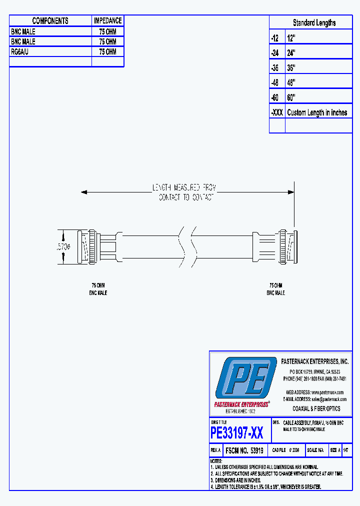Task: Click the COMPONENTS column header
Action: coord(50,21)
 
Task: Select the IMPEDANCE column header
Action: coord(107,21)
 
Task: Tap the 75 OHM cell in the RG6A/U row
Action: coord(107,52)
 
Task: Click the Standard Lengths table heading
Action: coord(314,23)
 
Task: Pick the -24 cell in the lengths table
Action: coord(274,52)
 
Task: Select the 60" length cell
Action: coord(291,97)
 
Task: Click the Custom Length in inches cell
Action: coord(317,112)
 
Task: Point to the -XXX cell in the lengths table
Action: coord(277,112)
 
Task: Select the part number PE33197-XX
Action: coord(237,432)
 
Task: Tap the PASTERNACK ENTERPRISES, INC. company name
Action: coord(315,361)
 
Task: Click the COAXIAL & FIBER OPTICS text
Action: coord(316,408)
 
